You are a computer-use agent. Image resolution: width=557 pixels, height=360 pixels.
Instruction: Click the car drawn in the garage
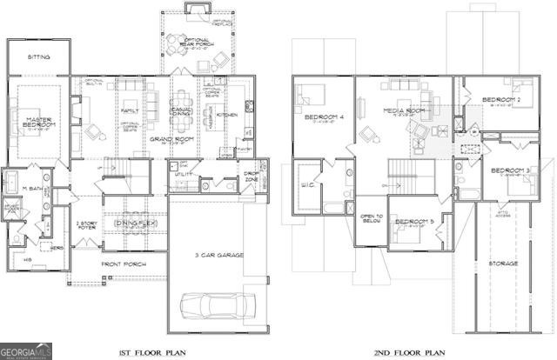(218, 305)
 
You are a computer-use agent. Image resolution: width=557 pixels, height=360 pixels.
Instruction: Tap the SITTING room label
(37, 57)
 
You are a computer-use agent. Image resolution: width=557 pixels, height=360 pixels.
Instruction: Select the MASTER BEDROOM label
(39, 123)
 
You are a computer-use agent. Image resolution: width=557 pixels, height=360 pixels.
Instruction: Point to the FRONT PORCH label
(122, 263)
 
